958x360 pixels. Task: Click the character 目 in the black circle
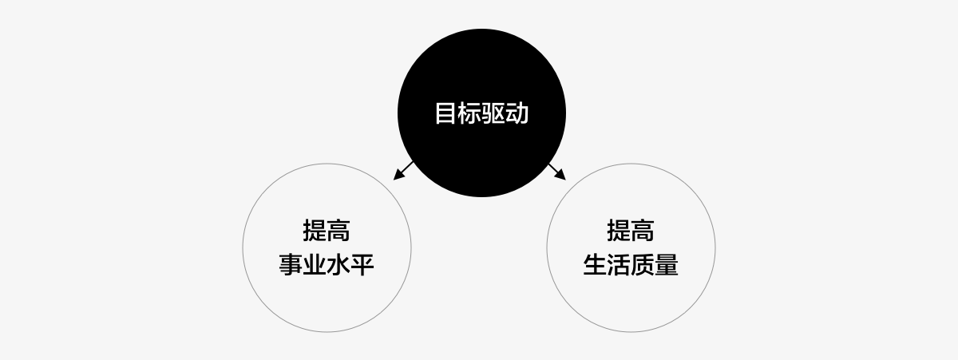[x=445, y=113]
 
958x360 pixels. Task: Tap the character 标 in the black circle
[x=469, y=113]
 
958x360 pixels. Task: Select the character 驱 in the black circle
[x=493, y=113]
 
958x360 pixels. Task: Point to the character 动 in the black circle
[x=517, y=113]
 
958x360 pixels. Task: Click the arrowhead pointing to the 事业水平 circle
[x=398, y=175]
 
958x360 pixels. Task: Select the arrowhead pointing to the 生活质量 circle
[x=560, y=175]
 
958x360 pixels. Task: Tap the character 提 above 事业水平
[x=315, y=231]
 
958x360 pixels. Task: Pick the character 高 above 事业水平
[x=338, y=231]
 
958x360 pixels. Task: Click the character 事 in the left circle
[x=291, y=265]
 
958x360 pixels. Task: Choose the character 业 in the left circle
[x=315, y=265]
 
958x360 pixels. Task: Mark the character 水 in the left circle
[x=338, y=265]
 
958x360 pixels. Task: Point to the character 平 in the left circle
[x=362, y=265]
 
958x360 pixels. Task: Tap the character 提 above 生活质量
[x=619, y=231]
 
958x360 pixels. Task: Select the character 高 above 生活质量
[x=643, y=231]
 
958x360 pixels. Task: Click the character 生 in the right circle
[x=595, y=265]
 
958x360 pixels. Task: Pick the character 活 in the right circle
[x=619, y=265]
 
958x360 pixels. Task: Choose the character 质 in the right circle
[x=643, y=265]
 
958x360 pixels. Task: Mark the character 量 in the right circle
[x=667, y=265]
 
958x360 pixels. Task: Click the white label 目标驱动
[x=481, y=113]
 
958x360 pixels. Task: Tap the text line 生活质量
[x=631, y=265]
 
